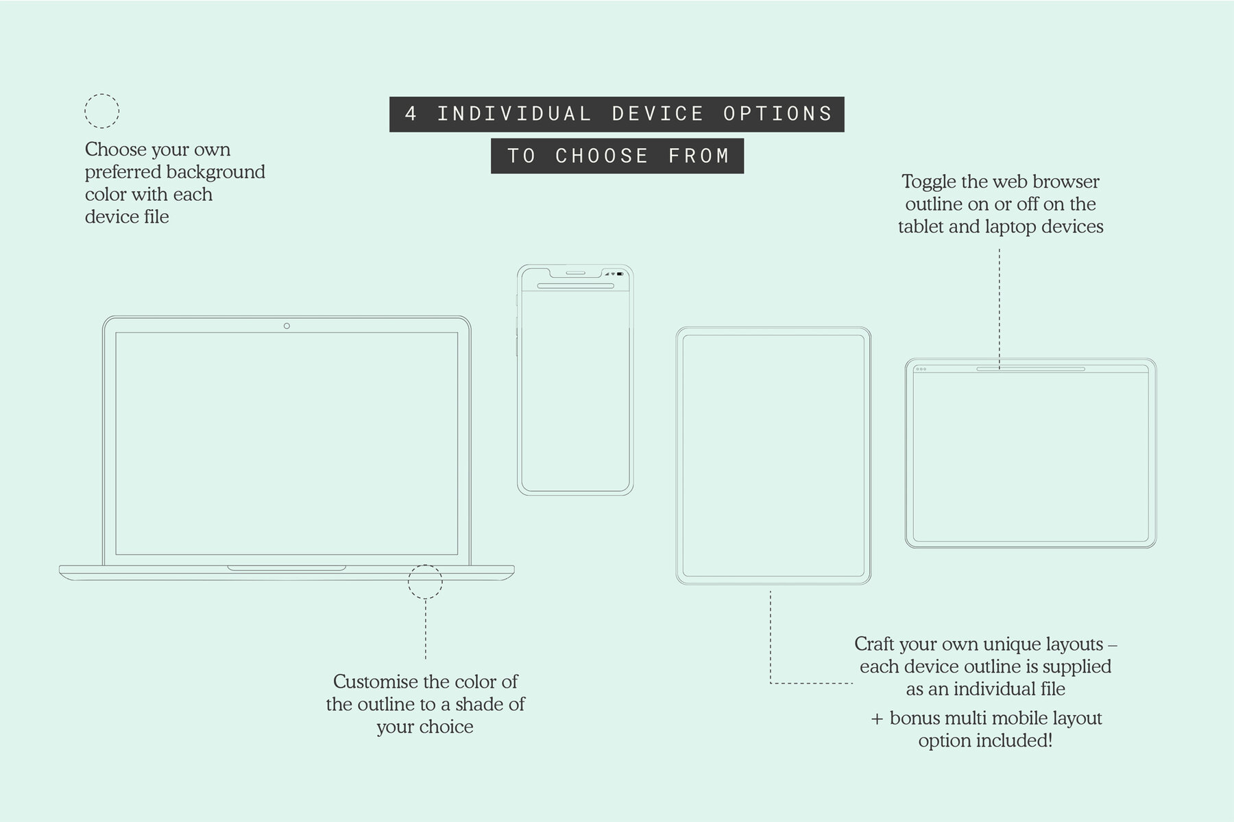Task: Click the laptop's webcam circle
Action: pyautogui.click(x=287, y=326)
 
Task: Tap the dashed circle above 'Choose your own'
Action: pyautogui.click(x=101, y=111)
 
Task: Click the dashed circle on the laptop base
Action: pyautogui.click(x=425, y=582)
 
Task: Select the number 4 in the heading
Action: pyautogui.click(x=411, y=114)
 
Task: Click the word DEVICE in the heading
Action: pyautogui.click(x=658, y=114)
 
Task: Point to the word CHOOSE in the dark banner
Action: pyautogui.click(x=601, y=156)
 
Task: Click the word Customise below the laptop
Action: pyautogui.click(x=375, y=681)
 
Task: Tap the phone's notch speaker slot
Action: pyautogui.click(x=574, y=272)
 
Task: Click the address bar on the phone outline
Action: pyautogui.click(x=574, y=286)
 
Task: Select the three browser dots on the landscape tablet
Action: pyautogui.click(x=921, y=369)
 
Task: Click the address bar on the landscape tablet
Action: pyautogui.click(x=1030, y=369)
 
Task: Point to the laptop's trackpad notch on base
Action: pyautogui.click(x=287, y=568)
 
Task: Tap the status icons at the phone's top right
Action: pyautogui.click(x=615, y=273)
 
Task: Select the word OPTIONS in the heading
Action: pyautogui.click(x=778, y=114)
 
